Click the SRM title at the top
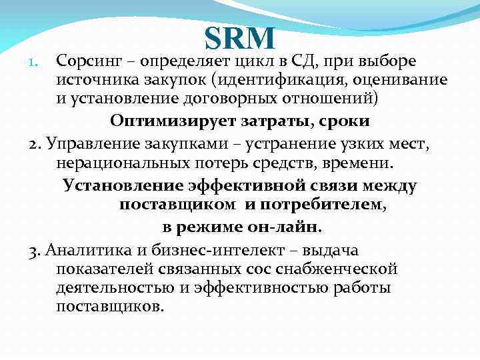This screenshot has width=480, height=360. [239, 38]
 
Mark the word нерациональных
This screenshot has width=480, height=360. [118, 163]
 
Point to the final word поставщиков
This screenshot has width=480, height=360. [109, 307]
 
